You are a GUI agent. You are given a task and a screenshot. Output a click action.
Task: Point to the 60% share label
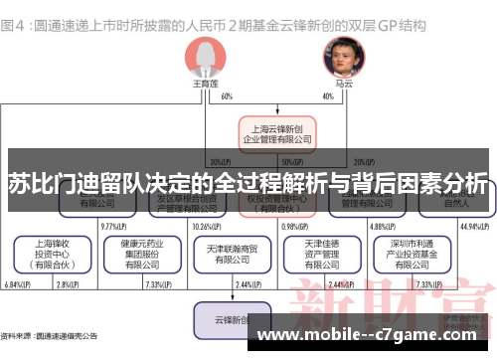click(227, 96)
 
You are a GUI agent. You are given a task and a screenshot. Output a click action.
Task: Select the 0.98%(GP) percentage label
click(295, 226)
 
